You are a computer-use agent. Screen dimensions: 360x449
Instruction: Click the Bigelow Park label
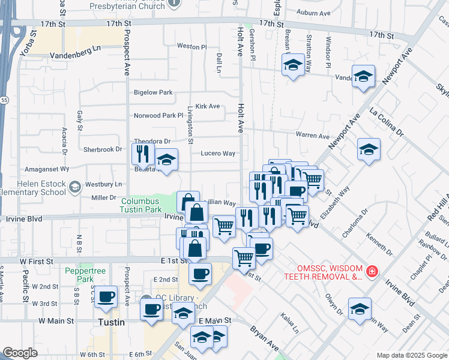point(153,92)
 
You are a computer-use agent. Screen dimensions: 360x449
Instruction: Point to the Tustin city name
point(111,322)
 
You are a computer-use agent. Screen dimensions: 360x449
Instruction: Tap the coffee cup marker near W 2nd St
point(106,296)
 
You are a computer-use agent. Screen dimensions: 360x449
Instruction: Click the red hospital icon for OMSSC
point(373,272)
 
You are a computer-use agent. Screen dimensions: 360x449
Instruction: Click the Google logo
point(20,353)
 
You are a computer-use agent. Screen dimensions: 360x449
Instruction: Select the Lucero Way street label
point(217,154)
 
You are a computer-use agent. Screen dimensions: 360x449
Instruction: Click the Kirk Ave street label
point(208,106)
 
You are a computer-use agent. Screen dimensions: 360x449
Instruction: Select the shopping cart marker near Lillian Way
point(224,227)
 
